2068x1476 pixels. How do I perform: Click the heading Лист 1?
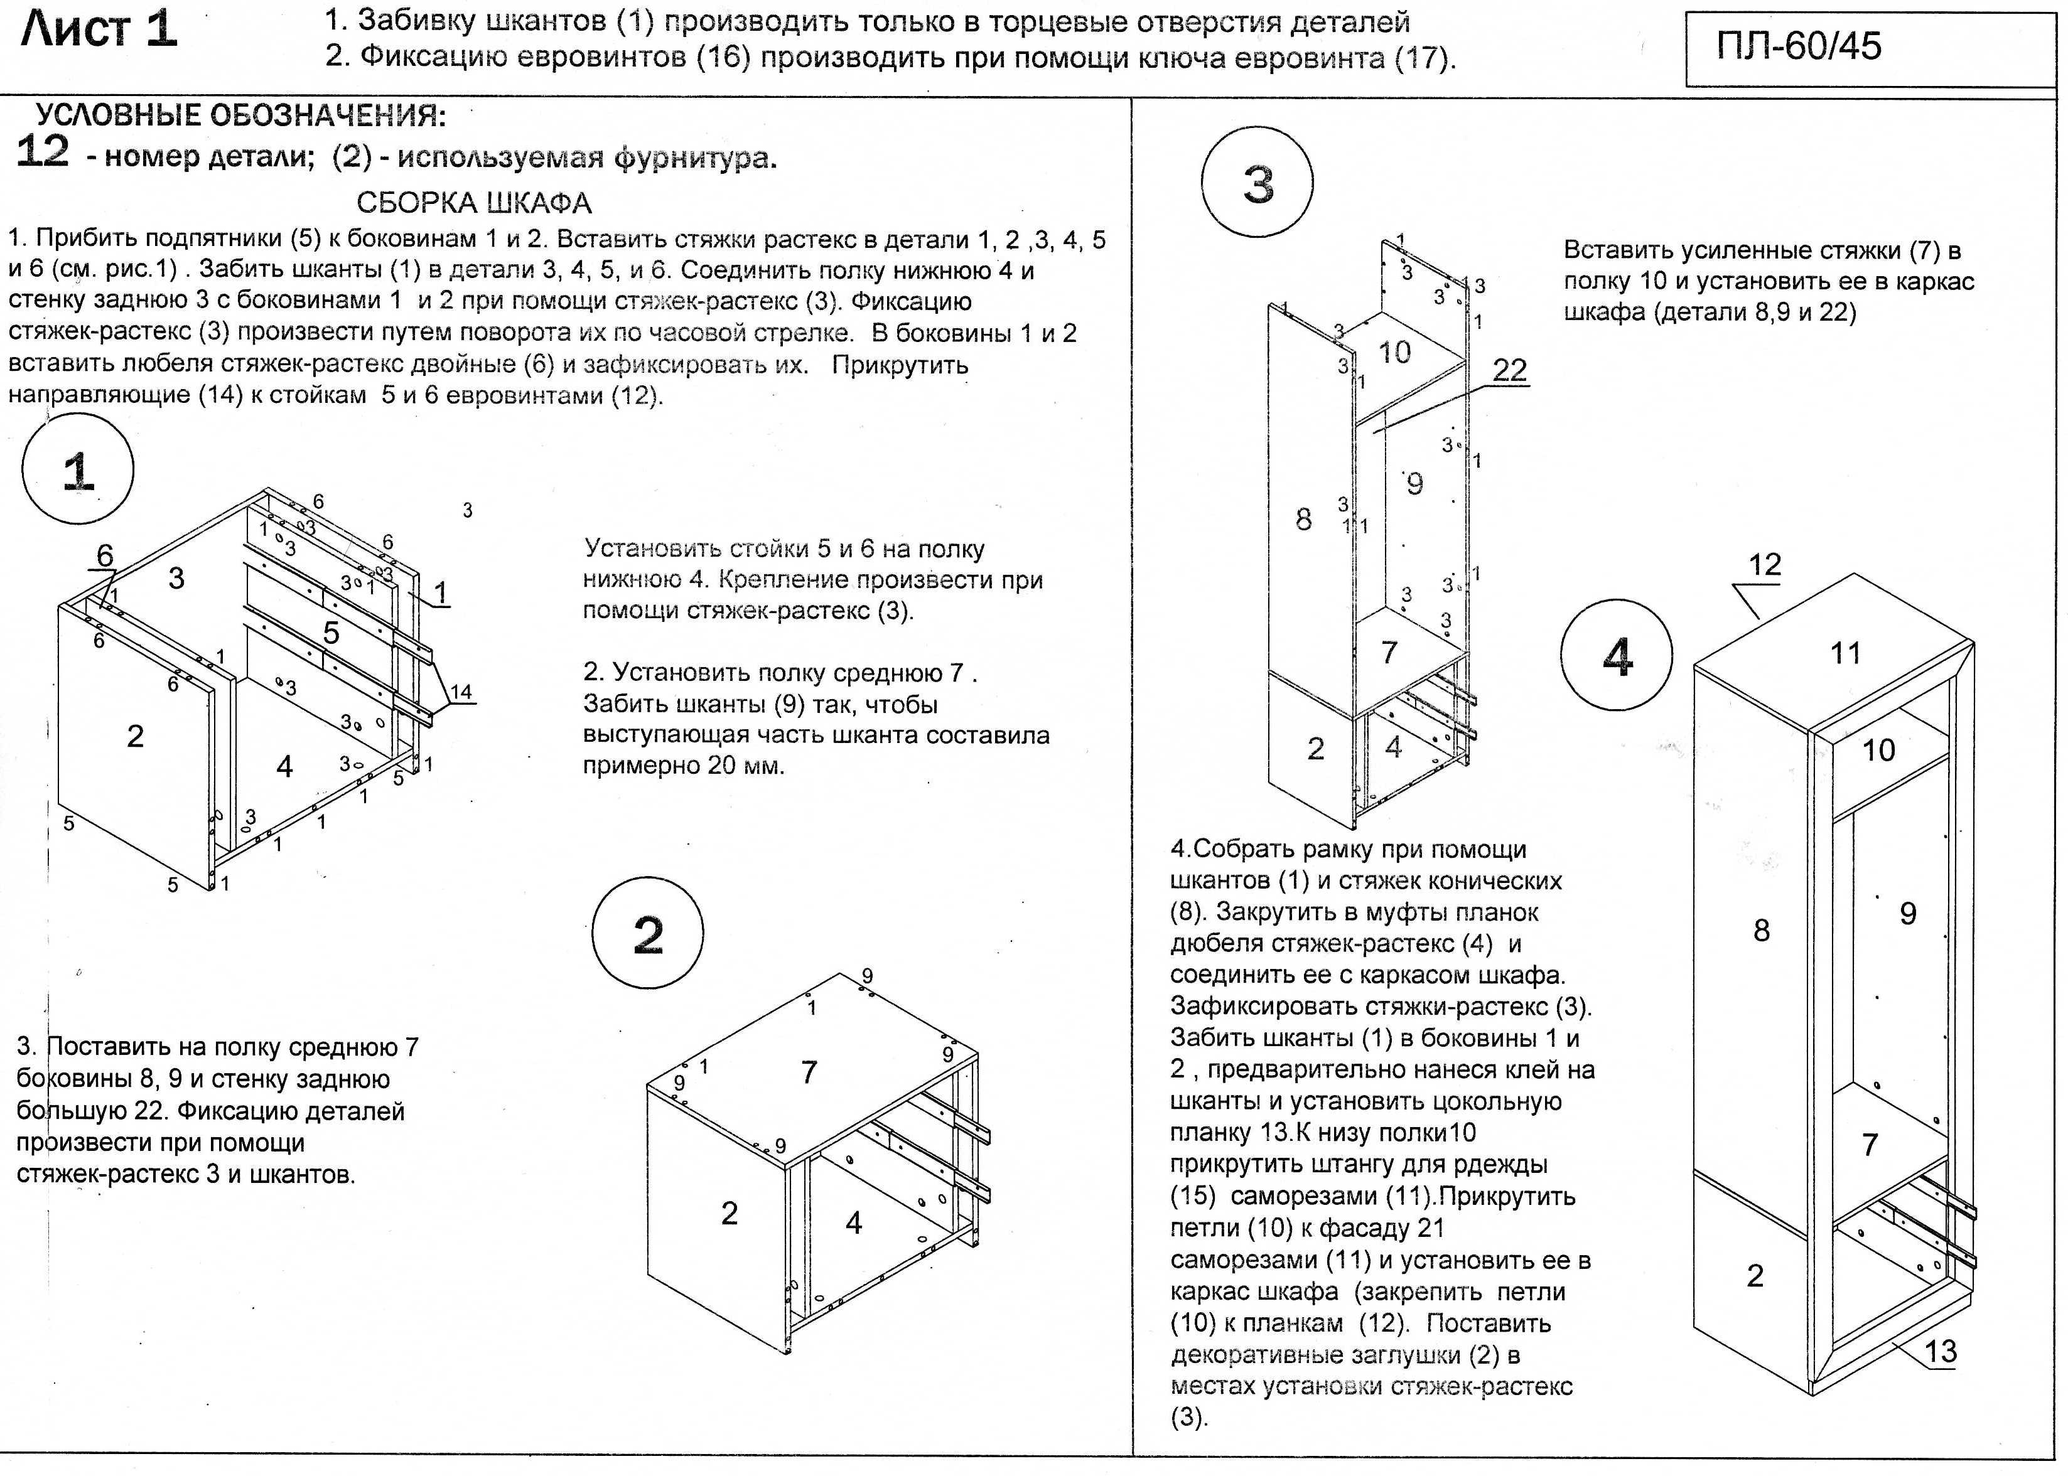98,30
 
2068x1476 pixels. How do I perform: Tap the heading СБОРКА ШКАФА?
473,202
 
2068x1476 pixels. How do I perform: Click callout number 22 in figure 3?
1510,370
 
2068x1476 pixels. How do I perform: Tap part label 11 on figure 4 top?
1845,653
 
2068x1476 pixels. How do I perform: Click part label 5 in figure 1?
331,633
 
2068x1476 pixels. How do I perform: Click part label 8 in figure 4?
1762,930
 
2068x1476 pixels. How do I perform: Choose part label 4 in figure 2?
854,1223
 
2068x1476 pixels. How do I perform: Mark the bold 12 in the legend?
43,151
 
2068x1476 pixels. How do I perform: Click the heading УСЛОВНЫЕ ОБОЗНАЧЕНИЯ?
241,116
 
